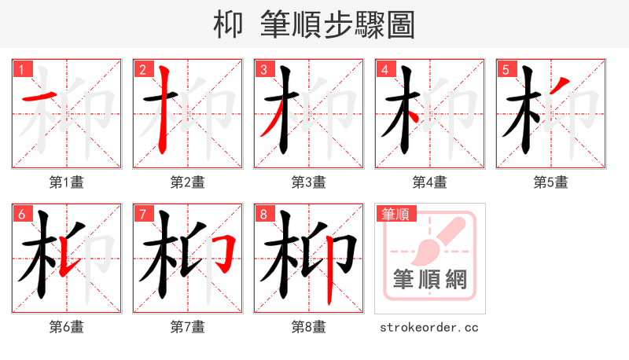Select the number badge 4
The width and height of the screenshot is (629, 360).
pyautogui.click(x=384, y=70)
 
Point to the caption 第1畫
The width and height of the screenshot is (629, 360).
pyautogui.click(x=67, y=182)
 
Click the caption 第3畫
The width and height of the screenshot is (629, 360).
pyautogui.click(x=309, y=182)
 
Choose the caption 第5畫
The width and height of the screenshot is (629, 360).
pyautogui.click(x=551, y=182)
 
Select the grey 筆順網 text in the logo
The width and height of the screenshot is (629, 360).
pyautogui.click(x=430, y=281)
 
